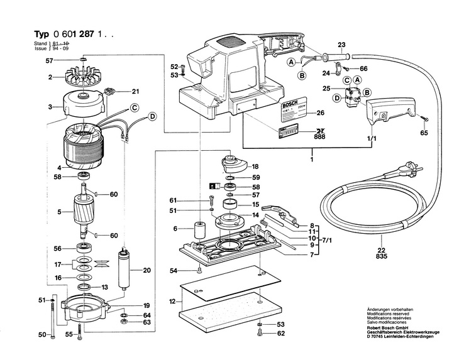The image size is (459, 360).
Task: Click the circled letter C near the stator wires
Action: point(135,107)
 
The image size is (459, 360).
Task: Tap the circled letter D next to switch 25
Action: point(337,97)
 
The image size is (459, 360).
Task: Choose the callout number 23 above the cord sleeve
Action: point(341,44)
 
